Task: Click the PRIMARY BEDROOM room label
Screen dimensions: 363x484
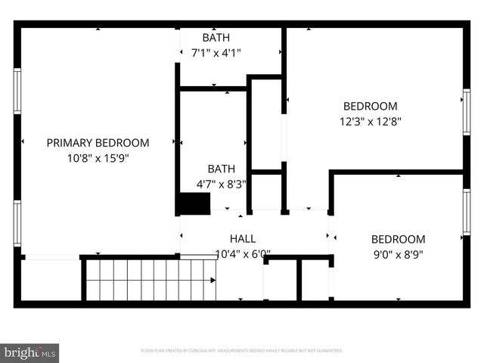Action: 98,142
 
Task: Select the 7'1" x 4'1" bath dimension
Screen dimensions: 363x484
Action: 216,53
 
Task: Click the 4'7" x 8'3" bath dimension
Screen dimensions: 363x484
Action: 222,183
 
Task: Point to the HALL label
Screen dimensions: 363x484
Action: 243,238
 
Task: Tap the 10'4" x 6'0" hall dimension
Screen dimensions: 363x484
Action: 243,254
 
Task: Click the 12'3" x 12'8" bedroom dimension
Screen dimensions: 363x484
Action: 370,121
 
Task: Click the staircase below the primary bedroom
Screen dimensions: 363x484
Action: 150,280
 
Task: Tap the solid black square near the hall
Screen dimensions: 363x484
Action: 193,204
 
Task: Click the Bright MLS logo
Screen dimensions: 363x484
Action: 29,352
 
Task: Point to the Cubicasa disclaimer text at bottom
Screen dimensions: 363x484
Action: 242,351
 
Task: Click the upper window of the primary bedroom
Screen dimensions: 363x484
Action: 17,91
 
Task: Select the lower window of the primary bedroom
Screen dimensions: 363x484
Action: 17,224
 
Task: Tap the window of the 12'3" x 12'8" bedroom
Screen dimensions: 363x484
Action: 466,112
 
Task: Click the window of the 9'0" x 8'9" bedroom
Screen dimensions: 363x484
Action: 466,213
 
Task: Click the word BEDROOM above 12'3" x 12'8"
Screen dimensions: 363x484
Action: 370,106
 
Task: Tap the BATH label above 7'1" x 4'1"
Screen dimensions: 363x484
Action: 216,38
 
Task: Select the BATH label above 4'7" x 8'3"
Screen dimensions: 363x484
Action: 222,169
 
